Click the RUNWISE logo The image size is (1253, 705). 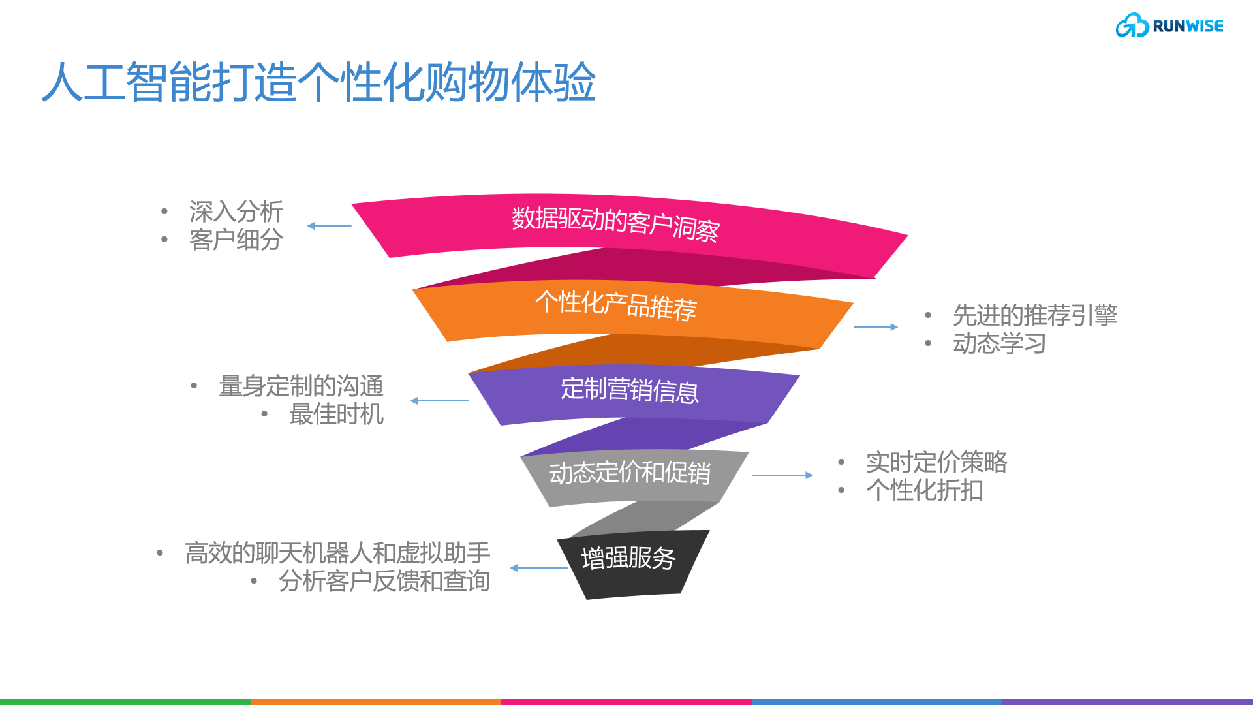tap(1169, 26)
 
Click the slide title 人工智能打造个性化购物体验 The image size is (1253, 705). tap(318, 83)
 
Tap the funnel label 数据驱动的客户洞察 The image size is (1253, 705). tap(615, 223)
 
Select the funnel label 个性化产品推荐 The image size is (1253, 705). tap(615, 305)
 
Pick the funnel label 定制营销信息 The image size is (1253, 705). tap(629, 390)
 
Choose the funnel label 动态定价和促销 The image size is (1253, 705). tap(629, 473)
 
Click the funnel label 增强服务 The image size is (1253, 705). tap(628, 558)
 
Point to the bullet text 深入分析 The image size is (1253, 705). tap(236, 211)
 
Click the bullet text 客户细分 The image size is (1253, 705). tap(236, 240)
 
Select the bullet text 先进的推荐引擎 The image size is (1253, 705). tap(1035, 315)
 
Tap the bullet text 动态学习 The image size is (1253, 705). tap(999, 343)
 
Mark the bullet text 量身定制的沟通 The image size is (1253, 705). tap(301, 386)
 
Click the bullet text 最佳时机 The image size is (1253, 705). tap(336, 414)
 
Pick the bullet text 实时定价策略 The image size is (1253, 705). tap(936, 462)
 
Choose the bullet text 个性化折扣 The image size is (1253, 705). tap(925, 490)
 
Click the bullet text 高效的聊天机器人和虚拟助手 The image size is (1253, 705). tap(337, 553)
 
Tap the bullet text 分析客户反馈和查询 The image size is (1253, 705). tap(384, 581)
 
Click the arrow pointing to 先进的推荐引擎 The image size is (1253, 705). tap(876, 327)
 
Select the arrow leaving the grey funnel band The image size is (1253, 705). tap(782, 475)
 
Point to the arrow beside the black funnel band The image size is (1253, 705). tap(539, 568)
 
